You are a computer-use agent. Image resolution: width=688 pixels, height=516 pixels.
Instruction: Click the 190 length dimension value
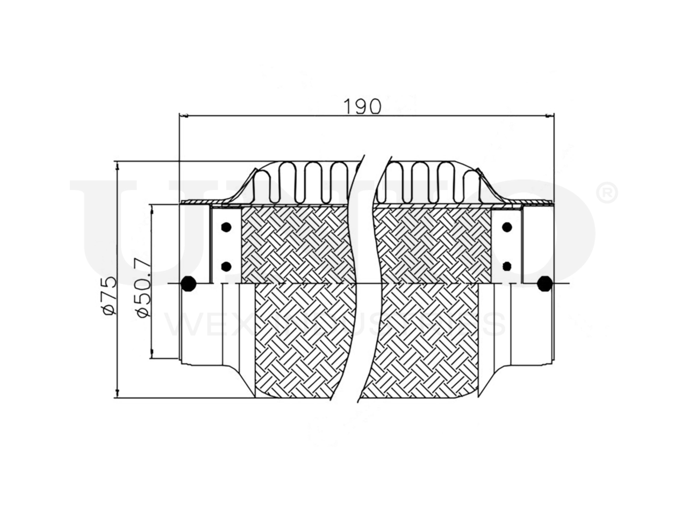point(362,106)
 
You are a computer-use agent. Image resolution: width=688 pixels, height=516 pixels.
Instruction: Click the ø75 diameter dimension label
point(107,295)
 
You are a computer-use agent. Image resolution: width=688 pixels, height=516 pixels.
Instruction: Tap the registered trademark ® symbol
point(607,192)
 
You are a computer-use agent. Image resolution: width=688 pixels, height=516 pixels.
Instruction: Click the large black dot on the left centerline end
point(188,283)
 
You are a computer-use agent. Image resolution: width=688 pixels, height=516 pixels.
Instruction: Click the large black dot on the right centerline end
point(544,283)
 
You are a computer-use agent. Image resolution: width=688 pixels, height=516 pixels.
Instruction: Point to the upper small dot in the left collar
point(226,227)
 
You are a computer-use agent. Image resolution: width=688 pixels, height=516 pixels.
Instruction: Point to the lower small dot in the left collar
point(226,266)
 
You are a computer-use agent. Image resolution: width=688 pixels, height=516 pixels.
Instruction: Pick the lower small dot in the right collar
point(506,266)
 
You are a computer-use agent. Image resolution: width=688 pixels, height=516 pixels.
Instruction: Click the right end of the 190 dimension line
point(553,115)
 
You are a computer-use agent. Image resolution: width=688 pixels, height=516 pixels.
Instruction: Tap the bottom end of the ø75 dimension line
point(117,398)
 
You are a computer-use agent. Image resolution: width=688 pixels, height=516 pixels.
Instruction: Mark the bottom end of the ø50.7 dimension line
point(152,359)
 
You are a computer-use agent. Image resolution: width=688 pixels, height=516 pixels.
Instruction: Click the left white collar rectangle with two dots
point(226,246)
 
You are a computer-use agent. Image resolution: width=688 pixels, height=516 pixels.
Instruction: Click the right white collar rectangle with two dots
point(506,246)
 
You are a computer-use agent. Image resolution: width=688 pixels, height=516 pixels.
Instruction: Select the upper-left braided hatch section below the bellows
point(296,245)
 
